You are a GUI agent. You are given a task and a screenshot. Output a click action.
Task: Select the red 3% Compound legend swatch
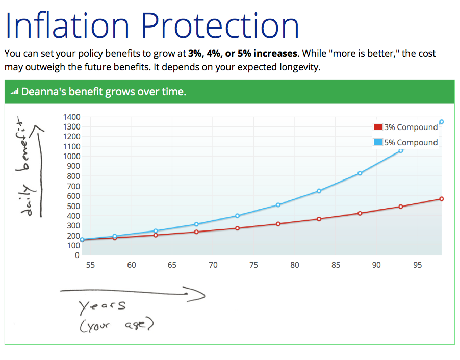(x=378, y=127)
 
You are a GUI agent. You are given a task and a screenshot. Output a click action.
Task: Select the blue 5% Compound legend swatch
(x=378, y=142)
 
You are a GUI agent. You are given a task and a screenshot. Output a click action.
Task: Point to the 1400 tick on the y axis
(x=71, y=117)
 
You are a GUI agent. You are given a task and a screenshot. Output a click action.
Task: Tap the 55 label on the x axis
(x=90, y=265)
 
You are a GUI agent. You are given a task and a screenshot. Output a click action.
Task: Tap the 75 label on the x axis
(x=253, y=265)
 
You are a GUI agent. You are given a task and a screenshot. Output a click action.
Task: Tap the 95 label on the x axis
(x=417, y=265)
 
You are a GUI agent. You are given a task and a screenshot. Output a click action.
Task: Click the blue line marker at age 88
(x=360, y=173)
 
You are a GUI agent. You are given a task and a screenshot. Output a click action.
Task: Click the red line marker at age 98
(x=442, y=199)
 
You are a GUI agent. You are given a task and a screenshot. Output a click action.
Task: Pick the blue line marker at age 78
(x=278, y=205)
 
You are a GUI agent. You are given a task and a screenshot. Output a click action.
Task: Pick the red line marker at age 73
(x=237, y=228)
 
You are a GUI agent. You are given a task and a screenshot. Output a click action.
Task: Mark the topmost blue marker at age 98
(x=442, y=122)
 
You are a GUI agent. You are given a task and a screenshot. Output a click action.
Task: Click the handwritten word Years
(x=102, y=306)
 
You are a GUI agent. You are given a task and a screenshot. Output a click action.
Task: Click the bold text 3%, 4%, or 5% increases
(x=242, y=53)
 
